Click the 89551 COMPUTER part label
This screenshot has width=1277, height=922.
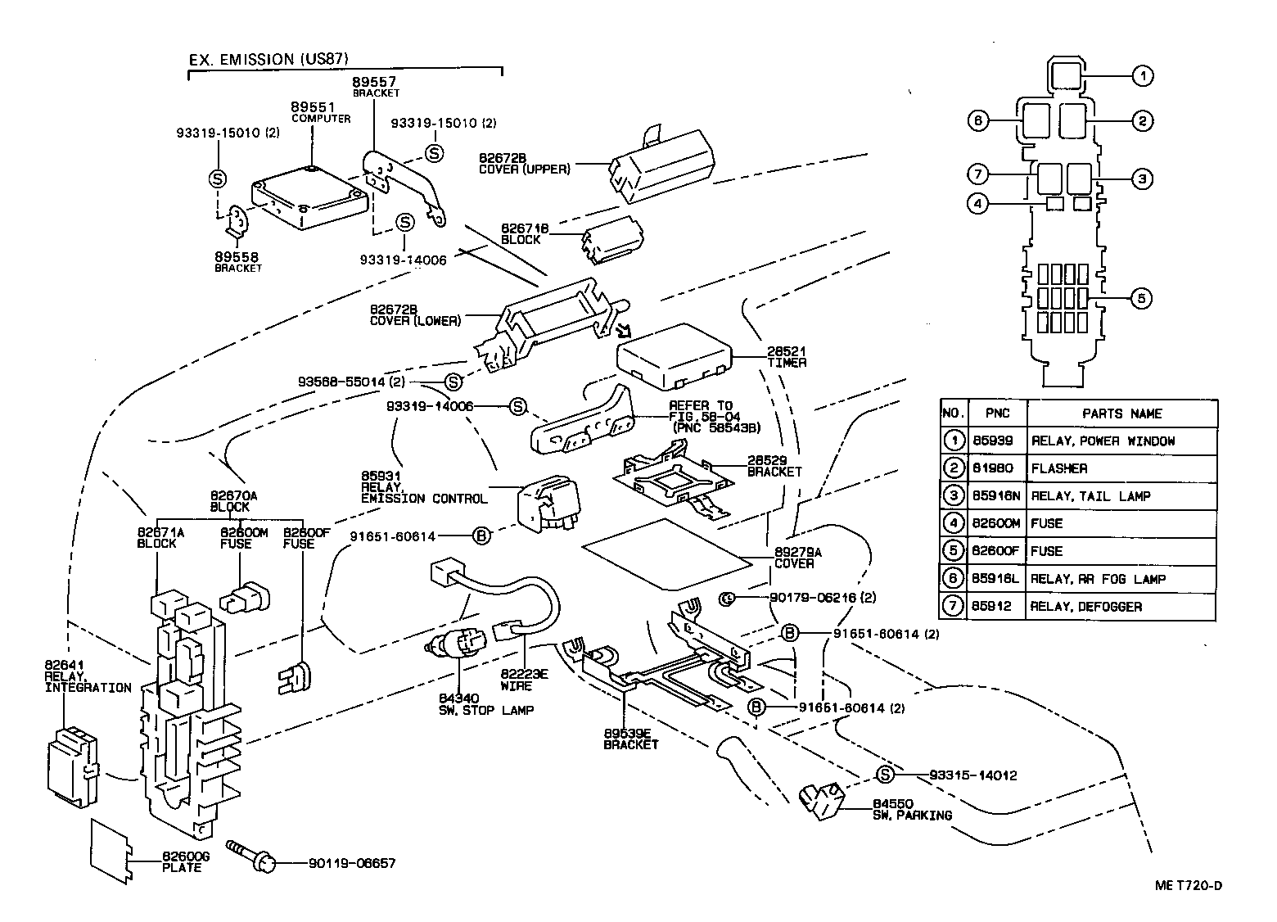tap(320, 112)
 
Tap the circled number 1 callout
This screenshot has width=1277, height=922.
tap(1142, 76)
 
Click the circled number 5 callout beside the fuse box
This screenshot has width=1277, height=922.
tap(1141, 298)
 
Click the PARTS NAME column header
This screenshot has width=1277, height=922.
tap(1121, 414)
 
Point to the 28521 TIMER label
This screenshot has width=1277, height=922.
tap(786, 356)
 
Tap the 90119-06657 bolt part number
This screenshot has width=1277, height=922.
tap(352, 863)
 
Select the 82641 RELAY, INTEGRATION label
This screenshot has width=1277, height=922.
tap(87, 676)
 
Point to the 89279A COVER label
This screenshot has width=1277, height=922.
tap(793, 558)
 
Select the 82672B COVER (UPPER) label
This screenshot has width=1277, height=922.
tap(524, 163)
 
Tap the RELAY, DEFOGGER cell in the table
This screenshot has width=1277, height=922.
tap(1085, 607)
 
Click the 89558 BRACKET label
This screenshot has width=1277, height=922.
tap(238, 262)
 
